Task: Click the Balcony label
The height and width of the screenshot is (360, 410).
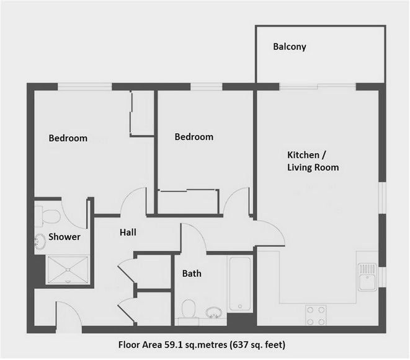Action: click(290, 46)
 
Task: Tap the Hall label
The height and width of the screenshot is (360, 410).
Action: click(128, 232)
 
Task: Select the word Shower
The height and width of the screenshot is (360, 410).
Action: click(65, 237)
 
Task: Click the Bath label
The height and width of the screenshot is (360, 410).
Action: click(192, 273)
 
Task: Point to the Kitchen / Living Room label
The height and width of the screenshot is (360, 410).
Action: click(313, 161)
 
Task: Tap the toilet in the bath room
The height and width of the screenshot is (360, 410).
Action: click(189, 309)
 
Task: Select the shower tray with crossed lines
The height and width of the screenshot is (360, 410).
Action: click(68, 270)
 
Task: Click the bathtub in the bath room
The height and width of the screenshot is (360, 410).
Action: click(240, 284)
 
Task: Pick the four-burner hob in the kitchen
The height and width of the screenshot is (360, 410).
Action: click(316, 315)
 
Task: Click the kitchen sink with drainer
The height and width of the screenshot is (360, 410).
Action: click(367, 277)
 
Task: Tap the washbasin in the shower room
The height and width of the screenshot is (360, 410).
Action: click(40, 242)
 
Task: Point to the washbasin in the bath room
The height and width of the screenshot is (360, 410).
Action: click(213, 312)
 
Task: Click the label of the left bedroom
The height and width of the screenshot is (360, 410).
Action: click(68, 138)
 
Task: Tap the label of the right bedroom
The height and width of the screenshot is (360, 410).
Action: click(194, 137)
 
